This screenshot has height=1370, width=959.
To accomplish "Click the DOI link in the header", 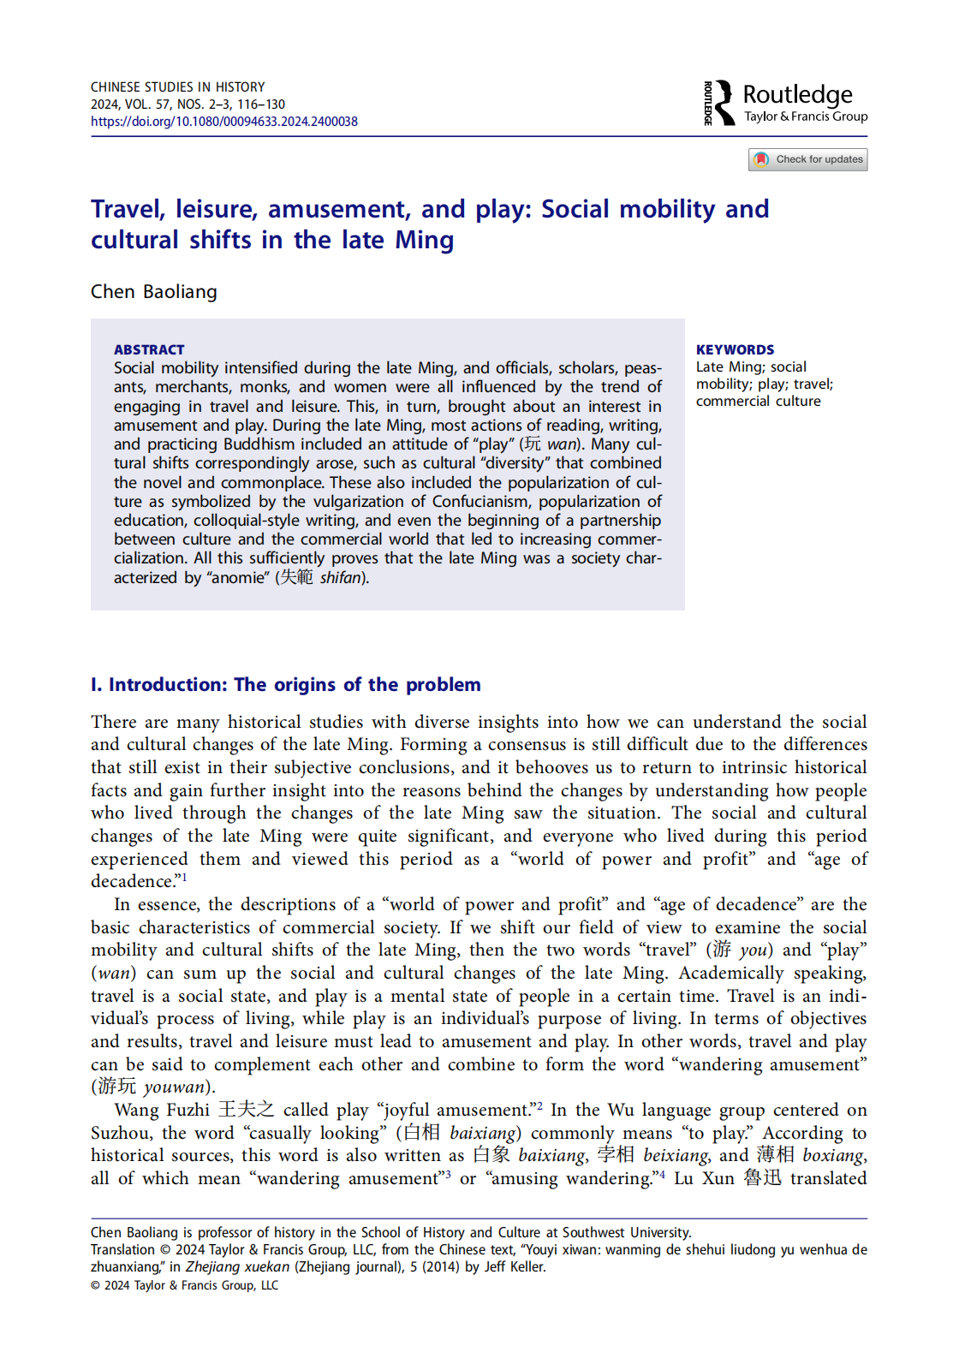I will (224, 122).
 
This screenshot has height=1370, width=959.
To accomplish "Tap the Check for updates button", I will (807, 159).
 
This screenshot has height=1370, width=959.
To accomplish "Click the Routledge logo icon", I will (720, 103).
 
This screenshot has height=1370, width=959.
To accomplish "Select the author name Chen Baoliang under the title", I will (154, 292).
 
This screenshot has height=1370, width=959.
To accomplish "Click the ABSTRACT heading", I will (149, 349).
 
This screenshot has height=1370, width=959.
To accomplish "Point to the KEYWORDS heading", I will (735, 349).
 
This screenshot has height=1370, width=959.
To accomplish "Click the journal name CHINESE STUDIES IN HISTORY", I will (178, 87).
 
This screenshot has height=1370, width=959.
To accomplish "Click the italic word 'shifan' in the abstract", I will (341, 578).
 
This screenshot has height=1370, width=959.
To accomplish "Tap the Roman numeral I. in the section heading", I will (96, 685).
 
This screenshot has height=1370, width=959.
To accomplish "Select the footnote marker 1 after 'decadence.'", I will (184, 877).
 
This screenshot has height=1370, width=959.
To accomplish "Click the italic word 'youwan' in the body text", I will (175, 1087).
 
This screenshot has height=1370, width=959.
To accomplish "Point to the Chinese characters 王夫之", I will (246, 1110).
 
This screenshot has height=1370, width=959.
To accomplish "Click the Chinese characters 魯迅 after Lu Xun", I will (762, 1178).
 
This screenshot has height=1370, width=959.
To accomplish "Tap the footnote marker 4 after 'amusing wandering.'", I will (662, 1175).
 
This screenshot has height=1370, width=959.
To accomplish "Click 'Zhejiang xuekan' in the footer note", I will (238, 1267).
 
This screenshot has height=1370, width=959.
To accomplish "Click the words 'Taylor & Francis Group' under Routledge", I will (806, 116).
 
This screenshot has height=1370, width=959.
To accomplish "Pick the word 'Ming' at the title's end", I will (424, 241).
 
